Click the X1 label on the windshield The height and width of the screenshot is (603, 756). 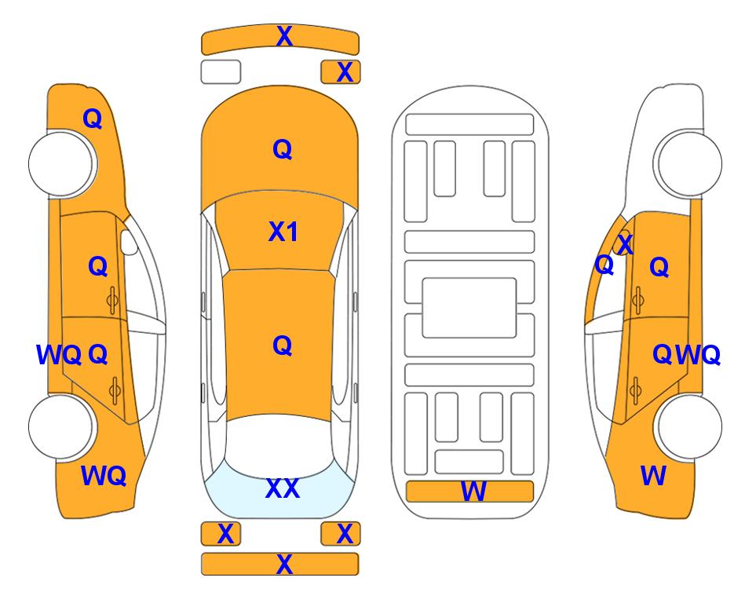click(283, 232)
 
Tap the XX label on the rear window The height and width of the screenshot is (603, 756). click(283, 488)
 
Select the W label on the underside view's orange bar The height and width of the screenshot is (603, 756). click(473, 492)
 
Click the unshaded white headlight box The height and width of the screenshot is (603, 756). click(221, 72)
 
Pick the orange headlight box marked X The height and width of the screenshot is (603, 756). click(341, 72)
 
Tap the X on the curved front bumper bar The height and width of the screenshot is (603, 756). click(284, 36)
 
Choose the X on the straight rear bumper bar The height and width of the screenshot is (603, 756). click(284, 564)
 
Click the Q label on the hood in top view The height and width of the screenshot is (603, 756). click(283, 149)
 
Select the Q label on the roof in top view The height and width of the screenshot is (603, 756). click(283, 345)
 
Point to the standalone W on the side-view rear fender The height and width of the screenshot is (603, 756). click(653, 476)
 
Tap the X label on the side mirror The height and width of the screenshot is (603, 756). click(625, 244)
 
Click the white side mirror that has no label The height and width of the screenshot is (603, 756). click(129, 242)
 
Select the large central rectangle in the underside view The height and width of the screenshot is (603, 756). click(469, 308)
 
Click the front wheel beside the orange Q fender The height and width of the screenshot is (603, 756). click(61, 163)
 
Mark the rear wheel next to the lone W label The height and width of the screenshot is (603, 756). click(688, 426)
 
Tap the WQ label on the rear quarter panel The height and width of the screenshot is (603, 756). click(104, 476)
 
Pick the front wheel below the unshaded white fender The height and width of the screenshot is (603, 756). click(688, 163)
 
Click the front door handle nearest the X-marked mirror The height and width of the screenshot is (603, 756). click(638, 300)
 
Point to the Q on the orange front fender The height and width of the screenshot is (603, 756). click(93, 119)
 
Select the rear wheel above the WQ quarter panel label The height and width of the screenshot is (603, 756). click(61, 426)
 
